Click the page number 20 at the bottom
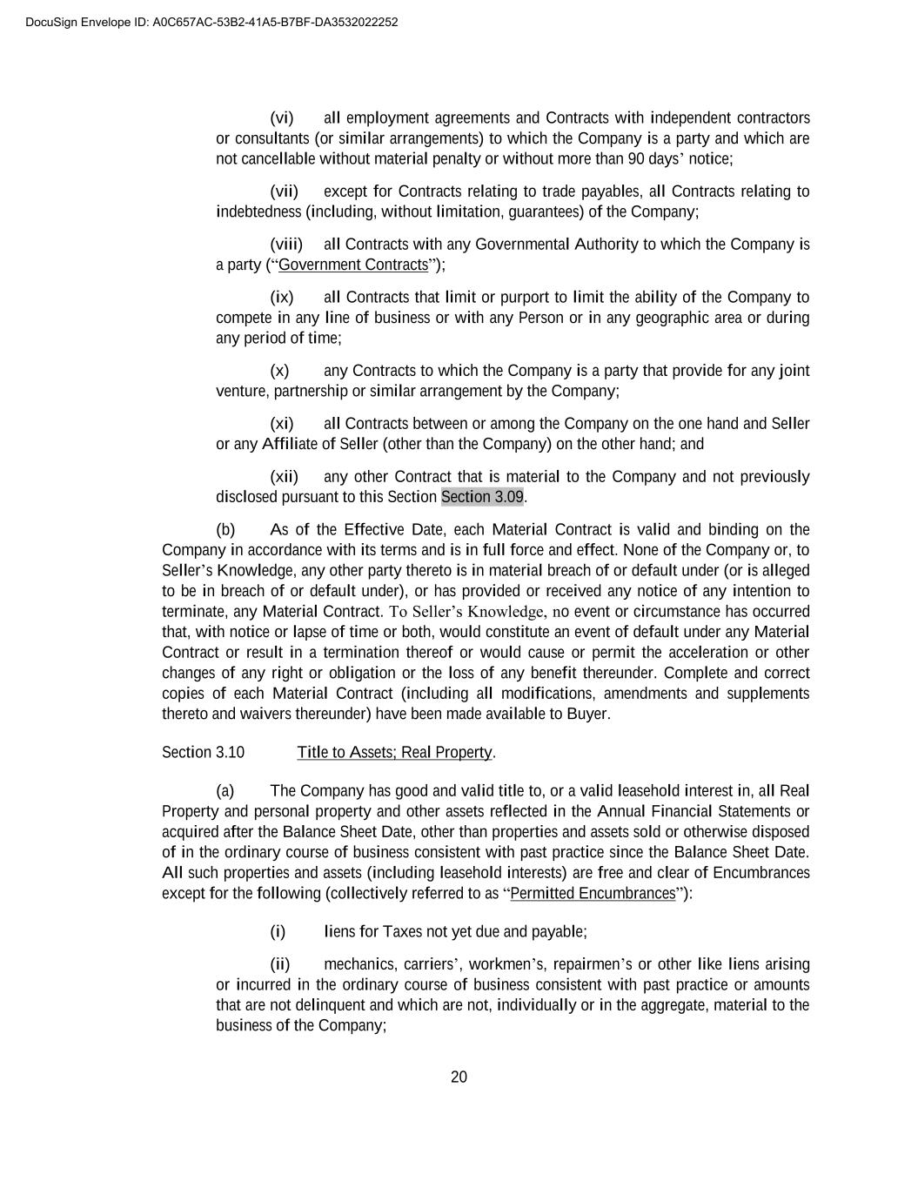459,1077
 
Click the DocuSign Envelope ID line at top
211,22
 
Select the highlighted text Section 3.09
482,497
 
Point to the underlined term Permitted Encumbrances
593,894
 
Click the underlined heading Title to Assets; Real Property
395,752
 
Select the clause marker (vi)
282,117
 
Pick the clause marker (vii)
284,191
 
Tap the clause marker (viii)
285,245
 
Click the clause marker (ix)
282,298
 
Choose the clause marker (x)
279,371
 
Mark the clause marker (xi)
282,424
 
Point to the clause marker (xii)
284,477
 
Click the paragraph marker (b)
225,530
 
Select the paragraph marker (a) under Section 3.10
225,791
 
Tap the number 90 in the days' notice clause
636,158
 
